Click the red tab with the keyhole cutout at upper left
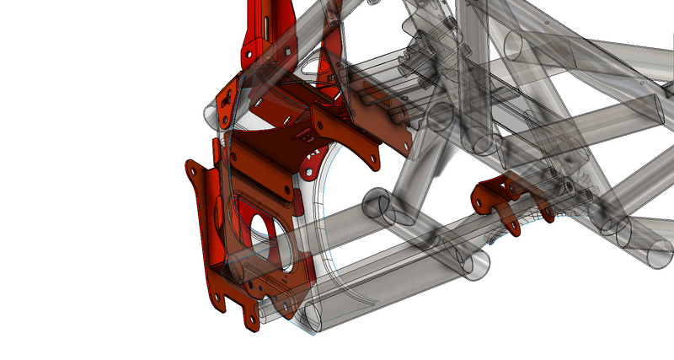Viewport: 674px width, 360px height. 226,101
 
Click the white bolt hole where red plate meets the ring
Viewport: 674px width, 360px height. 308,174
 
